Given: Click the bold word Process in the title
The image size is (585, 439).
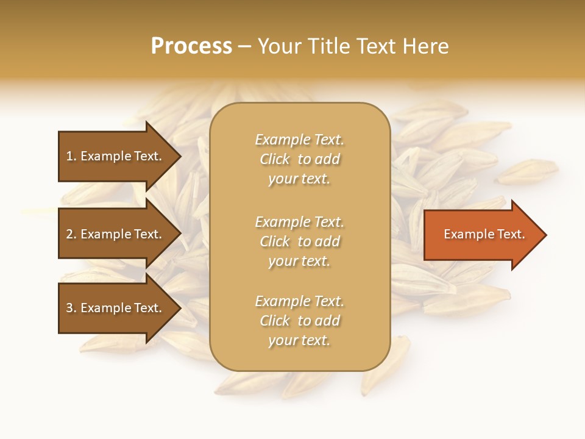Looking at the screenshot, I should (191, 46).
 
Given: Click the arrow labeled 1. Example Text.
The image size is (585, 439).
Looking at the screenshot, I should (116, 156).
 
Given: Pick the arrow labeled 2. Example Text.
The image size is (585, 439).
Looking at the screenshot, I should (116, 234).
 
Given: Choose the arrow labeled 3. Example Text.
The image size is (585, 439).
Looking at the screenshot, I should (116, 308).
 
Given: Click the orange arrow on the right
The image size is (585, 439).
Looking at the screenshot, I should (481, 235).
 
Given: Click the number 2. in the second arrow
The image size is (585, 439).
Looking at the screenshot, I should (71, 234).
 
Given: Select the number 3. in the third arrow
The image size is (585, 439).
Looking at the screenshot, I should (71, 308).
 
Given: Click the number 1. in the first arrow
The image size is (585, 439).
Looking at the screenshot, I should (71, 156).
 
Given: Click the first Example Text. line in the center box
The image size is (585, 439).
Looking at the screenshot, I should (299, 140).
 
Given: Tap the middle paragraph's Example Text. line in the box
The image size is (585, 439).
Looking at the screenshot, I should (299, 222).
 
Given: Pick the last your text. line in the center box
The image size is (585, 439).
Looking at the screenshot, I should (299, 341).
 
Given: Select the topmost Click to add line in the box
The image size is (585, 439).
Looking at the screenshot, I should (299, 159).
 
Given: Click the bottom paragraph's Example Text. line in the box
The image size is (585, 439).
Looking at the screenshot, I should (299, 301).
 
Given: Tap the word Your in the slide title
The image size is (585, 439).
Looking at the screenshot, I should (279, 46).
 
